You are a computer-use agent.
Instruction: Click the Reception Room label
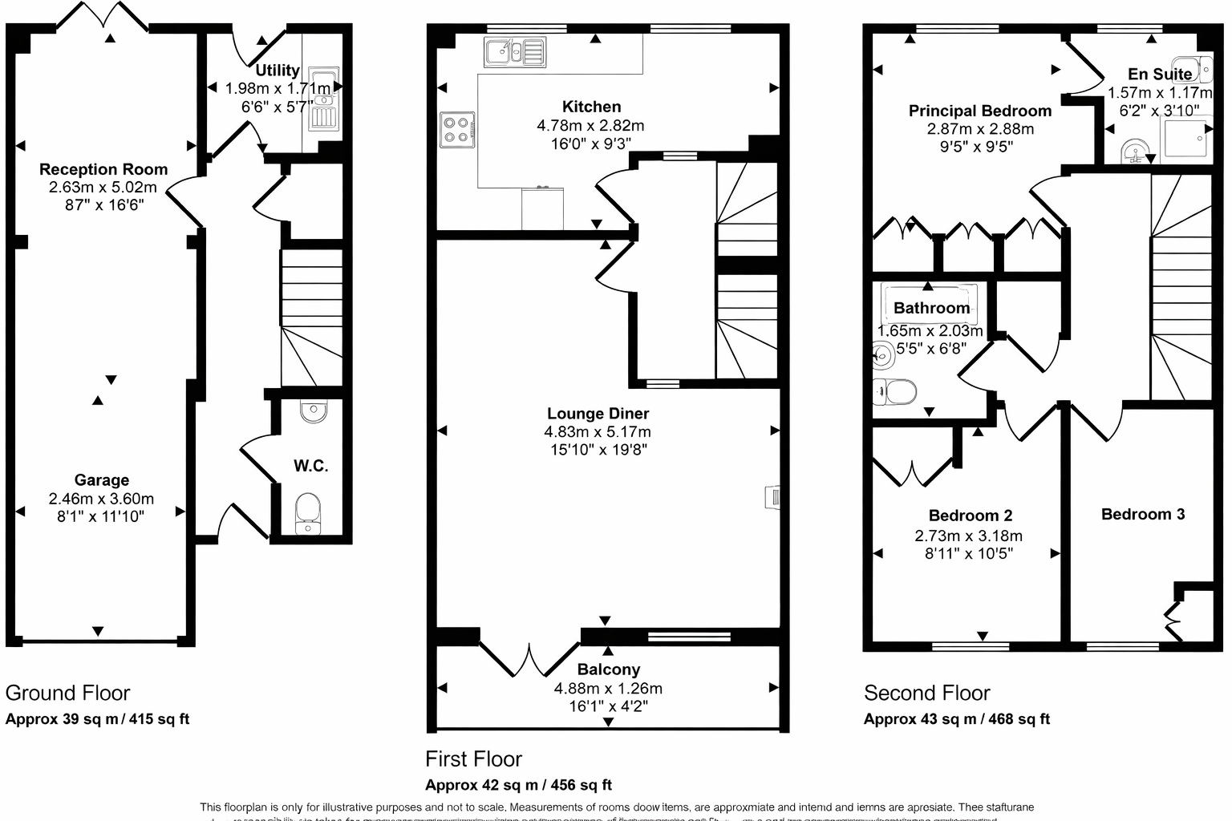[x=103, y=169]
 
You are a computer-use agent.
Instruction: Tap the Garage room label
[x=102, y=480]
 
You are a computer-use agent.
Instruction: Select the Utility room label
[x=278, y=71]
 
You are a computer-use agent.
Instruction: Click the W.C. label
[x=310, y=466]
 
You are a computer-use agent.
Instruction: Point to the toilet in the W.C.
[x=308, y=512]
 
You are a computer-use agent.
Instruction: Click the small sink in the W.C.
[x=313, y=412]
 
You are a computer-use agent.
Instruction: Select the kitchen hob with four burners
[x=457, y=130]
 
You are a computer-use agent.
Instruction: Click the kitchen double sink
[x=514, y=52]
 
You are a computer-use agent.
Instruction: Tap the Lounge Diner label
[x=598, y=414]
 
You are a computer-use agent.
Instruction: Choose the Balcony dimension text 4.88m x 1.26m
[x=608, y=689]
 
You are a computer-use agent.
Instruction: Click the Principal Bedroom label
[x=979, y=111]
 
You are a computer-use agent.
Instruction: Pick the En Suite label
[x=1160, y=75]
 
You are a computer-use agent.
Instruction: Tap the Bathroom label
[x=931, y=308]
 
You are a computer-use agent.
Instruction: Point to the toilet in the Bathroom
[x=895, y=392]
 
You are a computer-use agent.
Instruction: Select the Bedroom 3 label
[x=1142, y=515]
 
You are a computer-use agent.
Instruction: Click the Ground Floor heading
[x=67, y=694]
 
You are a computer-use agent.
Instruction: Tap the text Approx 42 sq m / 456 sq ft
[x=518, y=785]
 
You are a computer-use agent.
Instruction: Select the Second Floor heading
[x=926, y=694]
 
